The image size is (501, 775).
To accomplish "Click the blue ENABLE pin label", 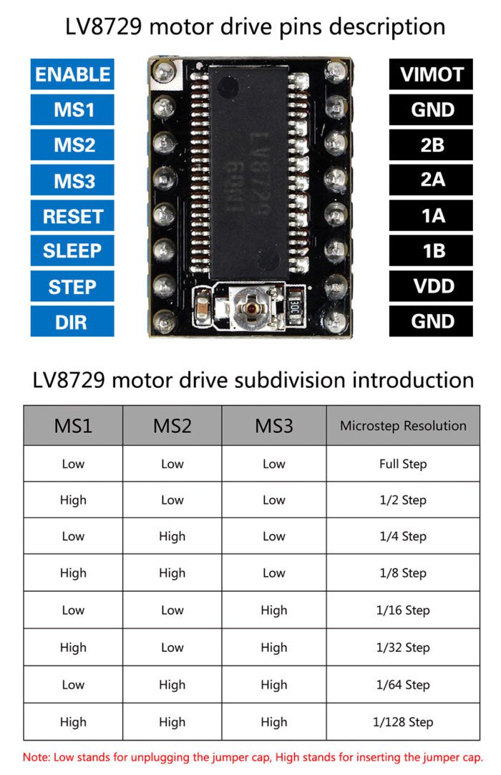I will (72, 74).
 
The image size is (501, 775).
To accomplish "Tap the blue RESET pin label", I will (72, 216).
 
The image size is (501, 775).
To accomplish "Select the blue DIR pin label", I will (72, 321).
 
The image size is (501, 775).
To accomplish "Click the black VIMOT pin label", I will (432, 74).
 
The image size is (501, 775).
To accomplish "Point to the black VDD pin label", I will (432, 286).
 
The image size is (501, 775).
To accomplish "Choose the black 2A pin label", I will (432, 180).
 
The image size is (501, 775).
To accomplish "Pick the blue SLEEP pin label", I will (72, 251).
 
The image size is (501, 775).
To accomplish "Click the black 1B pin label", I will (432, 251).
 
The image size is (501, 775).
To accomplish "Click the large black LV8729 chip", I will (249, 172).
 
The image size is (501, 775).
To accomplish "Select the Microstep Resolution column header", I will (403, 426).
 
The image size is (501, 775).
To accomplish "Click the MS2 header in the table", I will (172, 426).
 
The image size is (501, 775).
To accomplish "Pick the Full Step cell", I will (403, 464).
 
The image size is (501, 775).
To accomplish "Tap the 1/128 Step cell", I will (403, 722).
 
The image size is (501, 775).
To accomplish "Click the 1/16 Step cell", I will (403, 610).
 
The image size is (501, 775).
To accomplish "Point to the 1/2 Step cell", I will (403, 500).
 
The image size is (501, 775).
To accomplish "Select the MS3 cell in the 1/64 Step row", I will (274, 685).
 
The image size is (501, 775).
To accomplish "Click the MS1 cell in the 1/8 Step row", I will (73, 573).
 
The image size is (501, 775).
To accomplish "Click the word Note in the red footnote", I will (36, 756).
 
